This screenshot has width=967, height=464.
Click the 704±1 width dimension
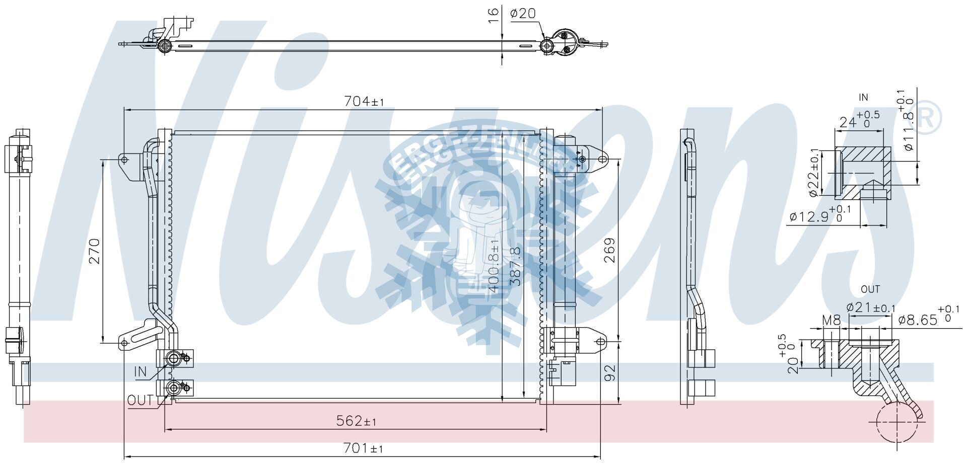(364, 101)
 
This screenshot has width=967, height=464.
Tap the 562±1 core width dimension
(356, 421)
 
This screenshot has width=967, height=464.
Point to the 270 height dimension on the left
(95, 251)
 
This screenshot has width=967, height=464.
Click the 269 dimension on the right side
(609, 250)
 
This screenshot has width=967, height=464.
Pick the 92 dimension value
(610, 373)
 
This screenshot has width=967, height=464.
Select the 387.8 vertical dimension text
(515, 267)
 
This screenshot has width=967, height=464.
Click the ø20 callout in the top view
(523, 14)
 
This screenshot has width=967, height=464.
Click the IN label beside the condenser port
(140, 372)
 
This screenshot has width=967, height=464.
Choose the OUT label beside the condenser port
(140, 401)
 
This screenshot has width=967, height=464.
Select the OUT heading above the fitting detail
(870, 289)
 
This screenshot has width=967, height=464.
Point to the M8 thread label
(831, 320)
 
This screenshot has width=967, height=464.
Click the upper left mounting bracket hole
(124, 160)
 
